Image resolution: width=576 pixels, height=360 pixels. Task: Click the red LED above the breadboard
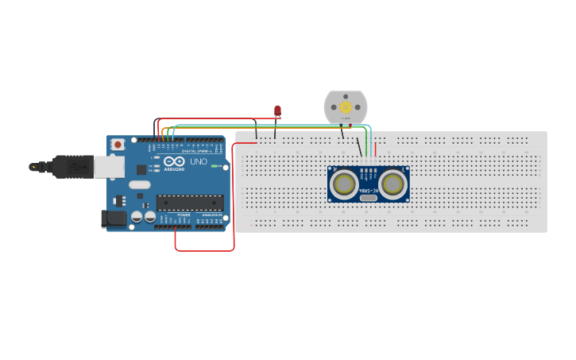[x=277, y=110]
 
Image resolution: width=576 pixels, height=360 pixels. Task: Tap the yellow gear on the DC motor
[x=346, y=106]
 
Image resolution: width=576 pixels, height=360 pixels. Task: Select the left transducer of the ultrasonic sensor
[x=344, y=184]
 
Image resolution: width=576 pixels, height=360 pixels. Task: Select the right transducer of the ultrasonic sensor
[x=392, y=184]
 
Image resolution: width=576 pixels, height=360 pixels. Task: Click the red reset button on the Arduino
[x=118, y=145]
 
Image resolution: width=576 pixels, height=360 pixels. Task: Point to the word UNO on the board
[x=199, y=161]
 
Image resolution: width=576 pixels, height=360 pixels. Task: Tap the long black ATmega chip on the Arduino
[x=189, y=203]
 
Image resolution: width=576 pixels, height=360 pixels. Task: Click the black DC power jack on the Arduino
[x=114, y=219]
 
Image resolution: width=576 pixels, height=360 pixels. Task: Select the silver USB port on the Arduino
[x=109, y=166]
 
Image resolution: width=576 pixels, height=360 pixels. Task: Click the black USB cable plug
[x=72, y=167]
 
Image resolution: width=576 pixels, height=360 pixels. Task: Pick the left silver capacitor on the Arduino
[x=137, y=216]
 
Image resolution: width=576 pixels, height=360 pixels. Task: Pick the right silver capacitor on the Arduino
[x=149, y=216]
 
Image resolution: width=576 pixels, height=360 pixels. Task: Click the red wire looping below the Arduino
[x=204, y=250]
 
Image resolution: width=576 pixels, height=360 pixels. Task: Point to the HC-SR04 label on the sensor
[x=368, y=191]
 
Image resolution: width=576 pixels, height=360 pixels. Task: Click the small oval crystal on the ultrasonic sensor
[x=368, y=197]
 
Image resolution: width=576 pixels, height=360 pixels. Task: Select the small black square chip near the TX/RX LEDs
[x=141, y=169]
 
